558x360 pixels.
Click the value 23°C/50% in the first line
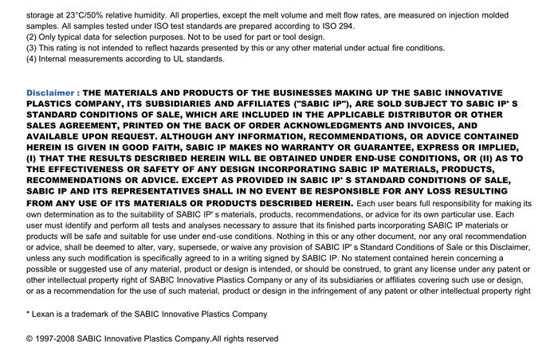click(96, 15)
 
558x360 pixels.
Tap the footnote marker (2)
click(33, 37)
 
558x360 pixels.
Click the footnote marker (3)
click(33, 48)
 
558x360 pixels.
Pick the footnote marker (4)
click(33, 59)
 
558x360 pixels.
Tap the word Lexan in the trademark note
click(45, 314)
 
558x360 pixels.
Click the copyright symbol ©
click(29, 338)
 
